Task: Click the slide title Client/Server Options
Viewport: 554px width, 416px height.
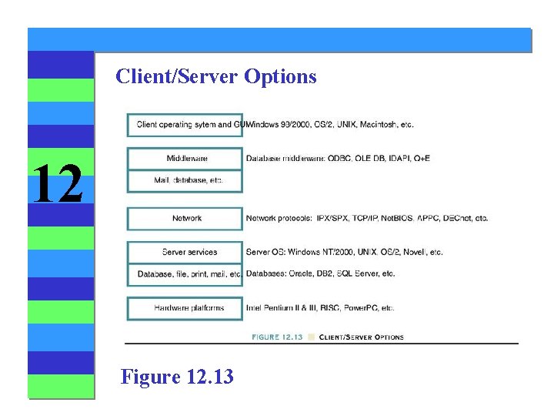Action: pos(215,77)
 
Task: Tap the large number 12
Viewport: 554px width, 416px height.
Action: pos(58,185)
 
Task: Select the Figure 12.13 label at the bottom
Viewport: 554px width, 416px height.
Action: pos(177,377)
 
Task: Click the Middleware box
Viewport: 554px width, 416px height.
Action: pos(186,159)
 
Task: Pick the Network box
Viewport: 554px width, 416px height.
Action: pos(186,219)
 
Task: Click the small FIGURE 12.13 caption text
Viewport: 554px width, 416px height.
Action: pos(277,337)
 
